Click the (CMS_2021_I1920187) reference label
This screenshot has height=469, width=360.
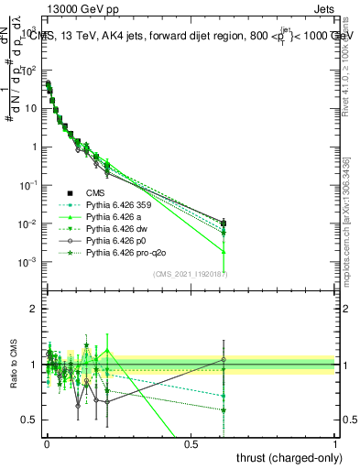coord(191,273)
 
